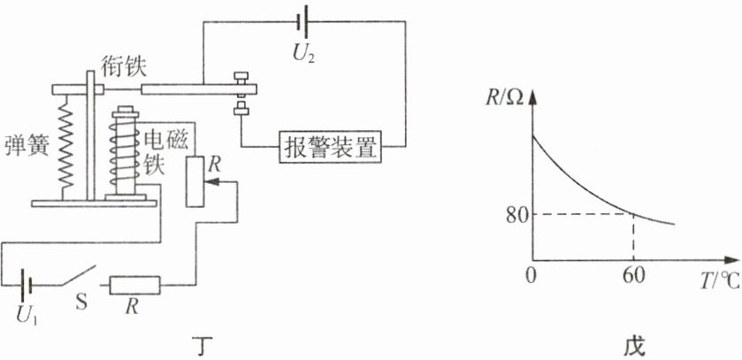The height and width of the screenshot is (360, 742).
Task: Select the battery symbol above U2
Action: [x=303, y=21]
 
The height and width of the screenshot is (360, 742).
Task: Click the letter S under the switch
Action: [x=81, y=302]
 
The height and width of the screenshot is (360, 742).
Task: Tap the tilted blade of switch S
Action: [x=78, y=276]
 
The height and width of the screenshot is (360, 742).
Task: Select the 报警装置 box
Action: [x=331, y=147]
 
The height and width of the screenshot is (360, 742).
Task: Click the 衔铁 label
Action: [x=124, y=67]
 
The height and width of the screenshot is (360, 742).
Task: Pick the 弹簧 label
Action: [x=26, y=146]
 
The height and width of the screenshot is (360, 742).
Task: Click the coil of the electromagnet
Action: [x=125, y=151]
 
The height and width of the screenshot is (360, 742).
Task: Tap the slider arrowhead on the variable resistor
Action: [x=212, y=181]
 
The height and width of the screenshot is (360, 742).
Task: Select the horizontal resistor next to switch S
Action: [x=135, y=285]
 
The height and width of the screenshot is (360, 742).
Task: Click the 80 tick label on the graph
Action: [x=516, y=216]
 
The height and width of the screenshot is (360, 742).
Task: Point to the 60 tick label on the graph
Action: [x=632, y=276]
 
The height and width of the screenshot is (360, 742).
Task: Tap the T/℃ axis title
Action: [x=720, y=282]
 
